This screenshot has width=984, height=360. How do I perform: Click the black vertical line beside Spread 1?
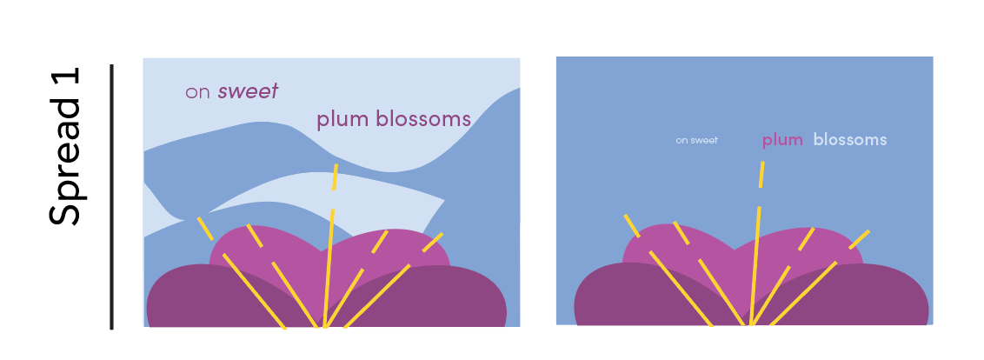click(112, 197)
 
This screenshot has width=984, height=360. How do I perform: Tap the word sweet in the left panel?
click(248, 91)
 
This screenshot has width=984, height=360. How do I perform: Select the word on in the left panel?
click(198, 92)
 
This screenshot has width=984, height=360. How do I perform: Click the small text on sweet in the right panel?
click(696, 140)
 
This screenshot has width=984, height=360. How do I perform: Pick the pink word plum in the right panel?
click(781, 140)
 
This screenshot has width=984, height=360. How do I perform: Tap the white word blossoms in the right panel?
click(850, 140)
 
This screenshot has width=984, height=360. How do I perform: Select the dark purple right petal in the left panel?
click(443, 300)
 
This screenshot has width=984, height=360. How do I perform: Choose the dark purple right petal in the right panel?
click(869, 300)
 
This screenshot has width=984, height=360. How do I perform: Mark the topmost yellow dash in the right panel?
click(761, 174)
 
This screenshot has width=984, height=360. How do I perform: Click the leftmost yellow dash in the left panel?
click(204, 228)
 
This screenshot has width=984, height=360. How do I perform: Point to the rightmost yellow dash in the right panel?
click(860, 238)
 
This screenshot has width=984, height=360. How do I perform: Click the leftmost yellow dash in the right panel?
click(632, 225)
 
